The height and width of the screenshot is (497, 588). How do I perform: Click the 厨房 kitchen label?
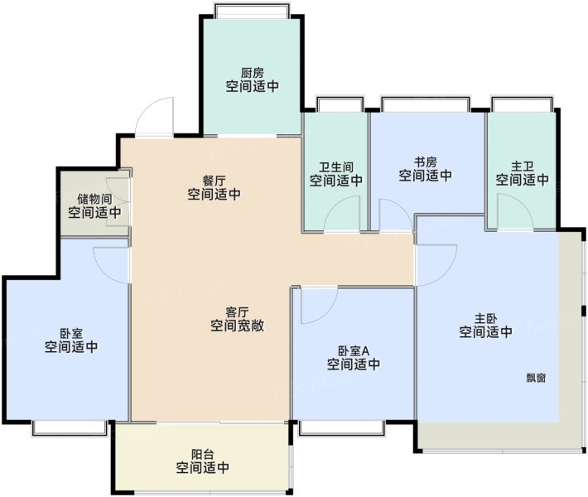(x=252, y=72)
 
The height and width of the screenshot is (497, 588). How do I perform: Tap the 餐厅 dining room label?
(x=214, y=181)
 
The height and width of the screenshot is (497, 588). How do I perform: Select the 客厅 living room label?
(x=237, y=312)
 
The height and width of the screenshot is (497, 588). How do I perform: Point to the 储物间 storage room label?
(x=94, y=199)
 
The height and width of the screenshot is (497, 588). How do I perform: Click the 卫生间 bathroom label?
(x=336, y=167)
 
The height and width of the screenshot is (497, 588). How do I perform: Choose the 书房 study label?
(x=425, y=162)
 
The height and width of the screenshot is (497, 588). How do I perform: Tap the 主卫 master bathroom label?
(x=523, y=166)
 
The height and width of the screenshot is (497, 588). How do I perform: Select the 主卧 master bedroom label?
(x=485, y=319)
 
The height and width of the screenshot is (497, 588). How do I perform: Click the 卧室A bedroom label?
(x=354, y=351)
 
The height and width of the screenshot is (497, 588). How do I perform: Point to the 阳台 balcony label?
(x=203, y=455)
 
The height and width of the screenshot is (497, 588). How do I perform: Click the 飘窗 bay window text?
(x=536, y=378)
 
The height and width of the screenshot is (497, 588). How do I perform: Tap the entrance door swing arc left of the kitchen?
(x=147, y=108)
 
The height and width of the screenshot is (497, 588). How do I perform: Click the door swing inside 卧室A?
(x=329, y=312)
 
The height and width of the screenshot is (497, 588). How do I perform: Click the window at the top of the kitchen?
(x=252, y=11)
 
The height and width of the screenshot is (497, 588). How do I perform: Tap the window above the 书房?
(x=425, y=104)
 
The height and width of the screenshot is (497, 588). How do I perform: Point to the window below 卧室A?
(x=342, y=428)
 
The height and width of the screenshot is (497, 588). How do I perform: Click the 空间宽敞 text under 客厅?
(x=237, y=326)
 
